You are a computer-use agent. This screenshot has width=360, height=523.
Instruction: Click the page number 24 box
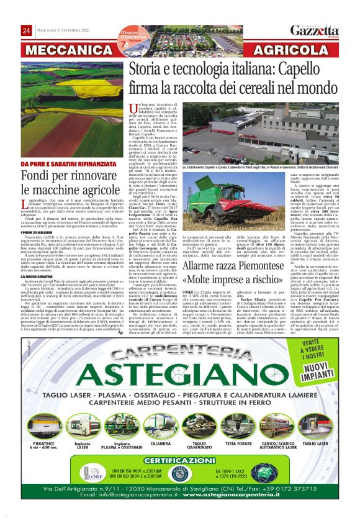(x=27, y=31)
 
